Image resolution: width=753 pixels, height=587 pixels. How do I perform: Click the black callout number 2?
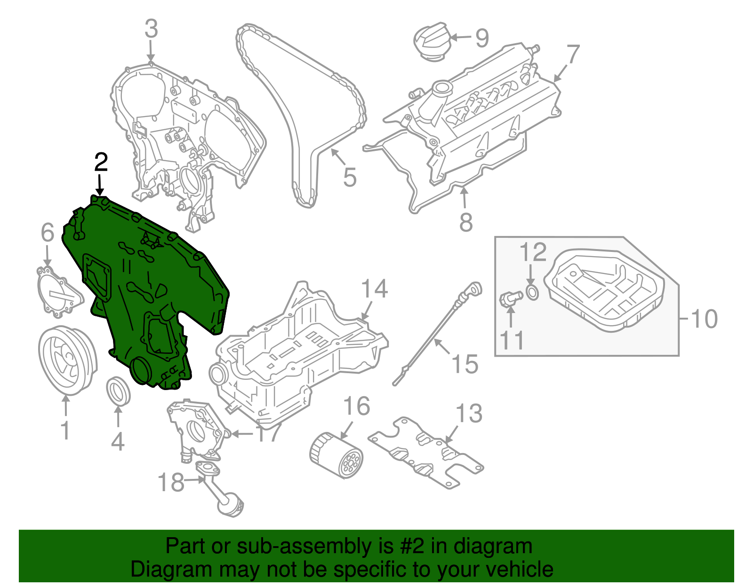pyautogui.click(x=101, y=163)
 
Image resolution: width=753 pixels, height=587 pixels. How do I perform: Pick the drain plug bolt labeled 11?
pyautogui.click(x=510, y=299)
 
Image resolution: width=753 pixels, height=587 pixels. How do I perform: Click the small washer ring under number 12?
pyautogui.click(x=532, y=292)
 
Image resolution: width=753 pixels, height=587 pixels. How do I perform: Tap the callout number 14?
pyautogui.click(x=374, y=289)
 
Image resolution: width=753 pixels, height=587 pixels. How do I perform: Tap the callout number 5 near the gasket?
pyautogui.click(x=349, y=177)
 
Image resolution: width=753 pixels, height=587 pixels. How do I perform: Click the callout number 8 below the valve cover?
pyautogui.click(x=465, y=222)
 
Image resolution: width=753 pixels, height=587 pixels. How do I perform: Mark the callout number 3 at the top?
pyautogui.click(x=151, y=29)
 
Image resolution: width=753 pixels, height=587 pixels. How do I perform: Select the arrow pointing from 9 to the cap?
pyautogui.click(x=461, y=37)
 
